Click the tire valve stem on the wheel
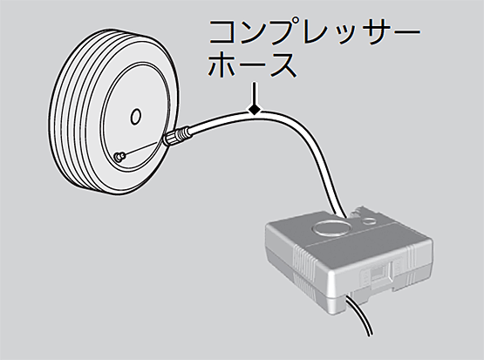(119, 156)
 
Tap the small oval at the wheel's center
(135, 117)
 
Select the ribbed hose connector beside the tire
(176, 136)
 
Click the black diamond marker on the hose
(254, 109)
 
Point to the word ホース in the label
(252, 65)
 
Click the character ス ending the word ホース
(283, 65)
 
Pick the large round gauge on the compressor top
(331, 228)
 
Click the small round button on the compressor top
(369, 221)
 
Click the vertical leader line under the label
(254, 92)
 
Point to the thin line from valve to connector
(143, 150)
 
